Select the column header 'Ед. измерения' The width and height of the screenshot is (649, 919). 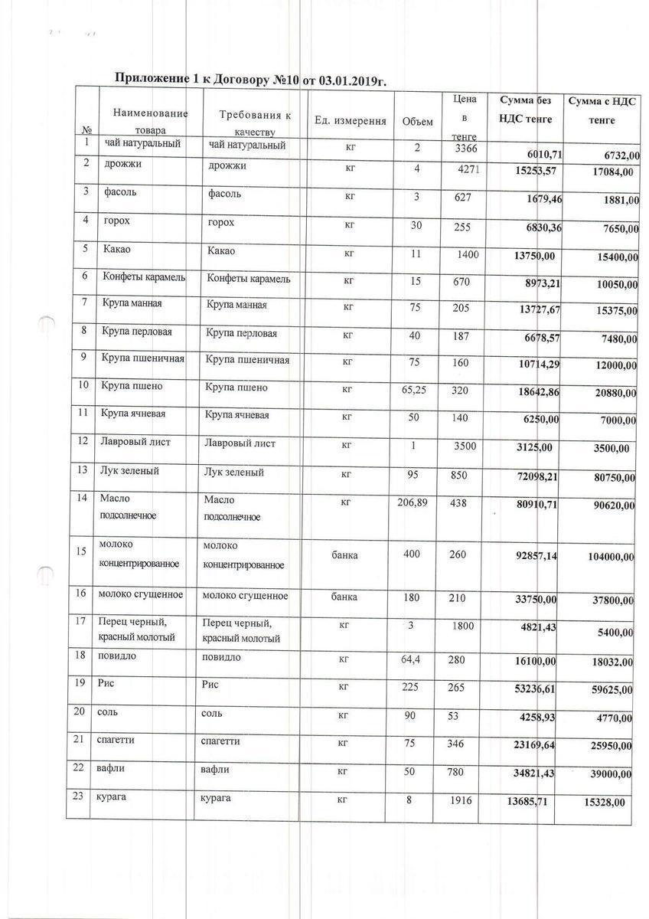click(x=350, y=121)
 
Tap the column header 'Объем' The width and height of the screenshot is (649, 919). click(x=418, y=122)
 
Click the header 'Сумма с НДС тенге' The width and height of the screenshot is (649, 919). click(x=602, y=111)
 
